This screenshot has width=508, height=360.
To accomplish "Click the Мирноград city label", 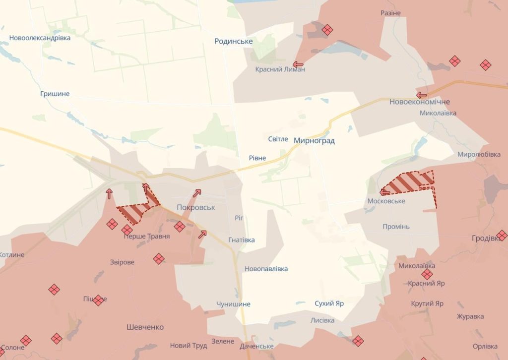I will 314,141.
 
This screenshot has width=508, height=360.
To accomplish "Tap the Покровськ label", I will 196,207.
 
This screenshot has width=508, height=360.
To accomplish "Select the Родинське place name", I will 234,41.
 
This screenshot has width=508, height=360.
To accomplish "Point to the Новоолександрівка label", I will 40,38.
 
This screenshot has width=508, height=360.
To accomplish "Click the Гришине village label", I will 55,94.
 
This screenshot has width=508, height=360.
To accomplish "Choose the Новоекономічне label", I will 419,102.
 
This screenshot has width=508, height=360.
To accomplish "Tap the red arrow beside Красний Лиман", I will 298,64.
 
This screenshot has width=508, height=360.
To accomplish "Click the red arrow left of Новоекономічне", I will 422,95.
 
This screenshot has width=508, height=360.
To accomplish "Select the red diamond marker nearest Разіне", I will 327,30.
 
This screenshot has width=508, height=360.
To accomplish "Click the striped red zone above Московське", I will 409,182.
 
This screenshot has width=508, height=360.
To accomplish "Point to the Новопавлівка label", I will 266,269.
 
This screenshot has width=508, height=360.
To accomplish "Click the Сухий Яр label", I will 329,303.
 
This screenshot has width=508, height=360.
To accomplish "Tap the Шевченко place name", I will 145,327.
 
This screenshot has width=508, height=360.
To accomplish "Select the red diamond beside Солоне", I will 26,340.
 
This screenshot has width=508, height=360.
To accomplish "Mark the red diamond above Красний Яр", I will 427,274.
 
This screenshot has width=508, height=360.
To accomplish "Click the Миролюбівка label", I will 479,154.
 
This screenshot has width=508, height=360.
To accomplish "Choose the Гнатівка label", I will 242,240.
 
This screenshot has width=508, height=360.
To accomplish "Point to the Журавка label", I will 470,316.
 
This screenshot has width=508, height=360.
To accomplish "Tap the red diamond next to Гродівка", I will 502,235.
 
